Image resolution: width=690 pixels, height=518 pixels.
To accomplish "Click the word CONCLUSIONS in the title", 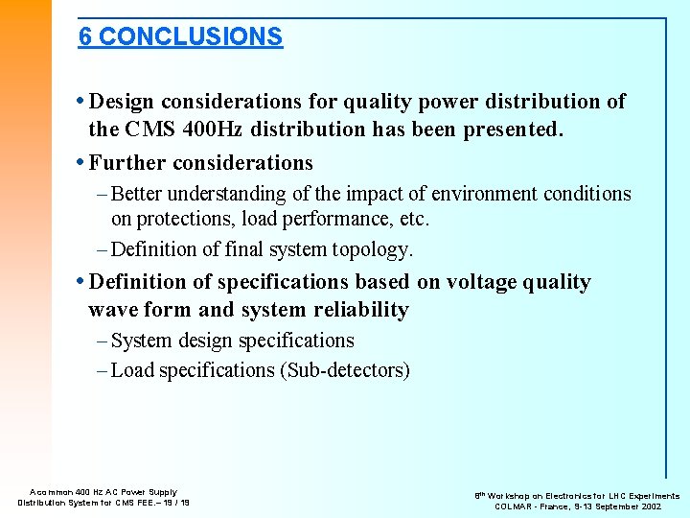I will (x=191, y=36).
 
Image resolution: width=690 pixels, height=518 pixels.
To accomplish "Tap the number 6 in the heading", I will (x=85, y=36).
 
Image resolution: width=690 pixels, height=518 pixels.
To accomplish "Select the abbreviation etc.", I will (x=414, y=219).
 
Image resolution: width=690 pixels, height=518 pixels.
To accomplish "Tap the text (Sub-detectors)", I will (x=345, y=370).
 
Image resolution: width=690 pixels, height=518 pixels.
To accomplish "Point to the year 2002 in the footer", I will (x=668, y=506).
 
